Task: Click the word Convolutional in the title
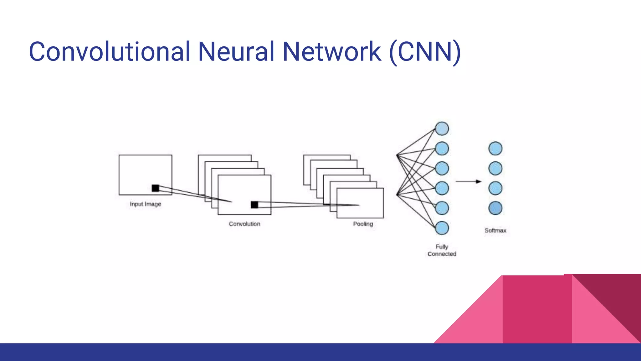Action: (x=110, y=51)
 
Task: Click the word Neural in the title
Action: (x=236, y=51)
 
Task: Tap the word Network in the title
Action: (x=332, y=51)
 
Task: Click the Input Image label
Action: (x=145, y=204)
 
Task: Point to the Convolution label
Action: (x=244, y=224)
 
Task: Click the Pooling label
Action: (x=363, y=224)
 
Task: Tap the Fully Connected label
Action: (x=442, y=250)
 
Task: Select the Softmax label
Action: (x=495, y=230)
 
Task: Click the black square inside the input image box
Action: (x=156, y=188)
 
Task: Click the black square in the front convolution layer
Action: (x=254, y=205)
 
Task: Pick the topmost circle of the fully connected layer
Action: (x=442, y=128)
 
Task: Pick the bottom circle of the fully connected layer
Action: (x=442, y=228)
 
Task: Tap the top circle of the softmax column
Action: (x=495, y=149)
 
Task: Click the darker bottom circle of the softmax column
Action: (x=495, y=208)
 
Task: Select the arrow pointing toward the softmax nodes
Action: (x=468, y=181)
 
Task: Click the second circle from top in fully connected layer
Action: (x=442, y=149)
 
